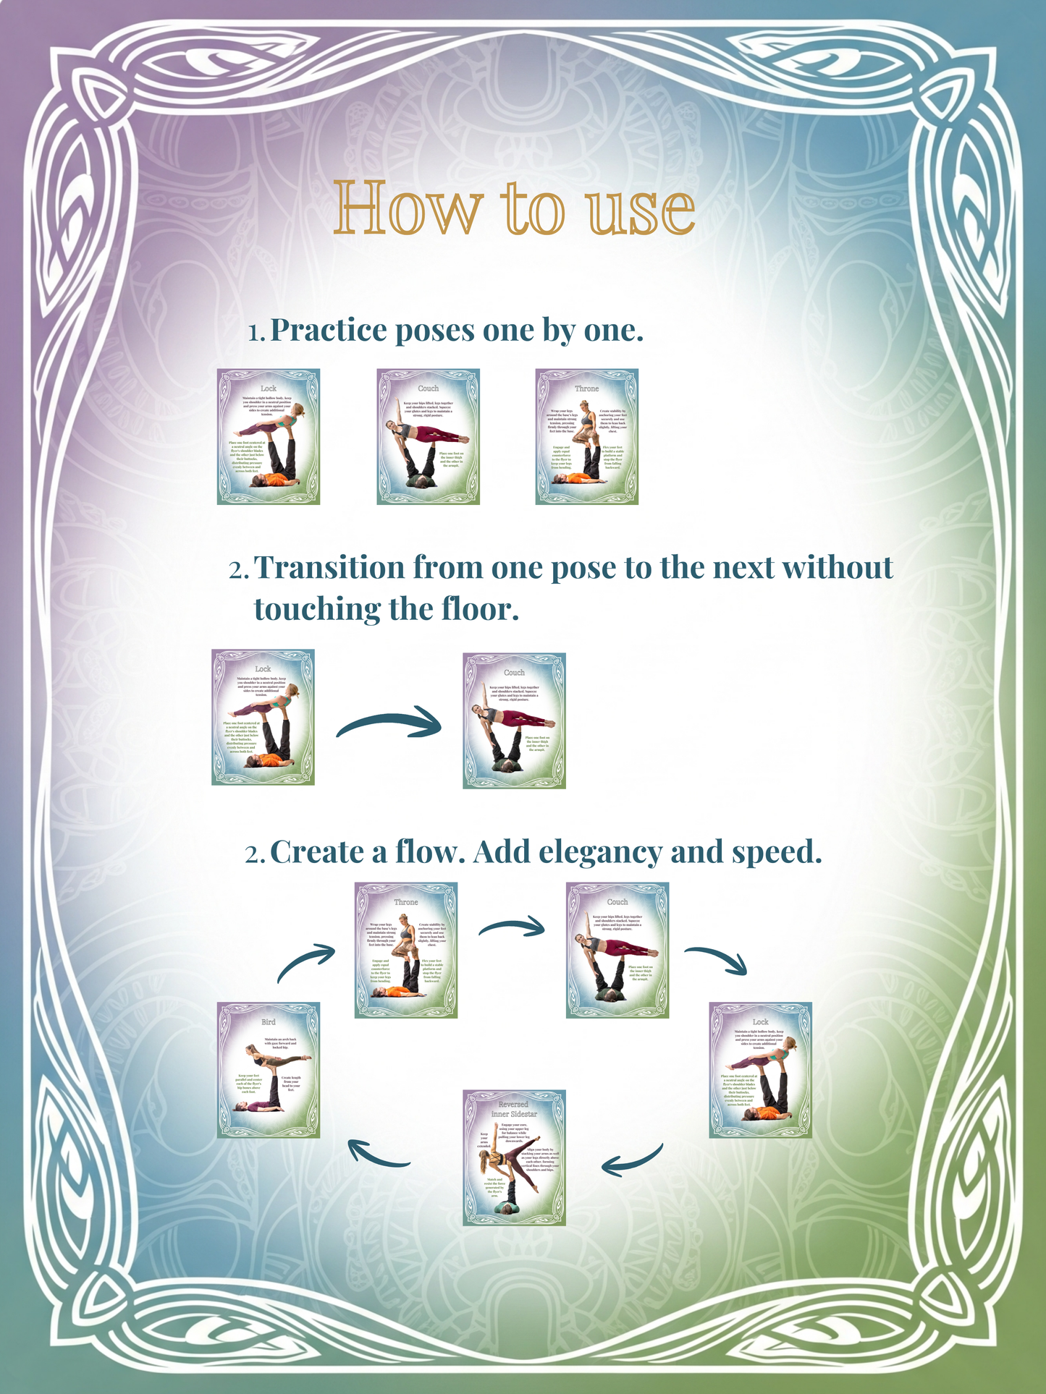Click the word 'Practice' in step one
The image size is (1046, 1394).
tap(329, 331)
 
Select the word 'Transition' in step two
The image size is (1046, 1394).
tap(329, 568)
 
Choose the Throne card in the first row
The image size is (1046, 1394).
tap(586, 436)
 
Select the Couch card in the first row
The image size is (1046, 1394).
tap(428, 436)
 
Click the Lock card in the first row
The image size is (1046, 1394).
tap(269, 436)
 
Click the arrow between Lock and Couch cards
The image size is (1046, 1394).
tap(389, 724)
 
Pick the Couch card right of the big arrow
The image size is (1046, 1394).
tap(514, 721)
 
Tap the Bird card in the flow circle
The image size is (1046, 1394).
tap(269, 1069)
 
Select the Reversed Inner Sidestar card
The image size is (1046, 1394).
tap(514, 1157)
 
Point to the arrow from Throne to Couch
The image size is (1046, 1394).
tap(511, 927)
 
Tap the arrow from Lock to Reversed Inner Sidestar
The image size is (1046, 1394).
tap(633, 1160)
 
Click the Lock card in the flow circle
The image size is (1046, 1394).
tap(760, 1069)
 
